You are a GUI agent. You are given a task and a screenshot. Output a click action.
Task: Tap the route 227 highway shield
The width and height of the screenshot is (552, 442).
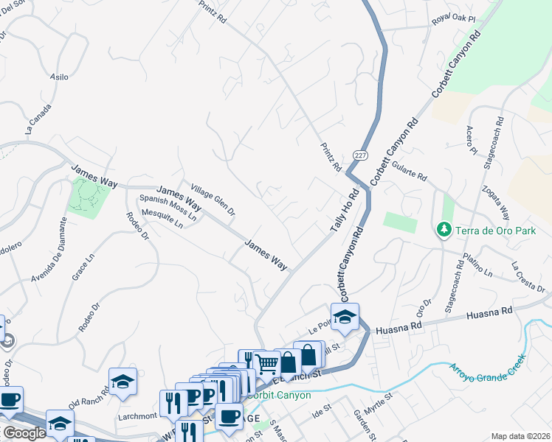click(x=359, y=156)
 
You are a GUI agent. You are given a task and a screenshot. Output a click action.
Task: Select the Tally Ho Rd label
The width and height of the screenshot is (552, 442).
click(x=344, y=211)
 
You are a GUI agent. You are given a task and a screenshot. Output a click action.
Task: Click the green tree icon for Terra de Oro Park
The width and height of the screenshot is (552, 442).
click(x=444, y=231)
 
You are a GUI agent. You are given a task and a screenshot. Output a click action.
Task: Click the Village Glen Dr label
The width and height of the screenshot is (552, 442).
click(x=213, y=200)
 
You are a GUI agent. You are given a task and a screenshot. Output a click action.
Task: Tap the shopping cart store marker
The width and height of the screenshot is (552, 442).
click(x=266, y=362)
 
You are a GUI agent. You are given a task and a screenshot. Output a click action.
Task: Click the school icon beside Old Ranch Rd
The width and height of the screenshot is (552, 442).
click(x=123, y=382)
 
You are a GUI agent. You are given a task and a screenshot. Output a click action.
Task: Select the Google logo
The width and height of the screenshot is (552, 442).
click(x=24, y=433)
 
